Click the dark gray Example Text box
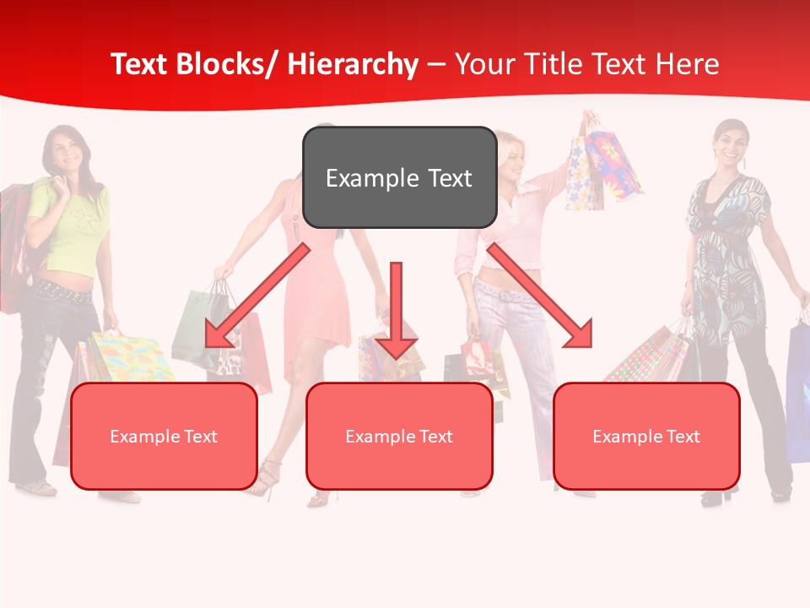pyautogui.click(x=399, y=177)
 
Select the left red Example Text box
pyautogui.click(x=164, y=436)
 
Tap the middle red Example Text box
pyautogui.click(x=399, y=436)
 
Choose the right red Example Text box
pyautogui.click(x=646, y=436)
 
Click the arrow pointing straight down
pyautogui.click(x=396, y=308)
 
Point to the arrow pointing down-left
pyautogui.click(x=257, y=296)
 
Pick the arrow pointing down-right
pyautogui.click(x=540, y=296)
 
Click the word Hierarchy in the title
pyautogui.click(x=353, y=64)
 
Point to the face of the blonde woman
pyautogui.click(x=510, y=156)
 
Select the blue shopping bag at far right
pyautogui.click(x=798, y=388)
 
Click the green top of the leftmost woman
pyautogui.click(x=72, y=224)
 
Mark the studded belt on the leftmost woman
pyautogui.click(x=63, y=292)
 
